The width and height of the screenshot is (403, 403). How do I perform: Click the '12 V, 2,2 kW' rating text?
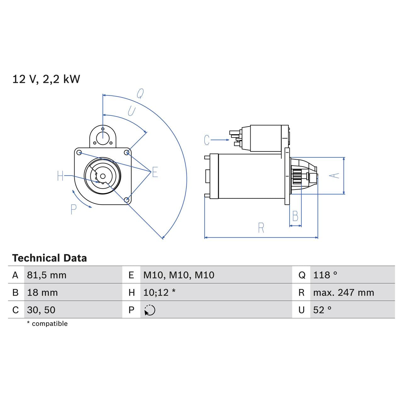tap(46, 79)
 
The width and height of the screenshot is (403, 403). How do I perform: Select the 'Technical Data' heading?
tap(49, 258)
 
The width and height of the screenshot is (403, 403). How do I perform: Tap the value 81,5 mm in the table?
tap(47, 275)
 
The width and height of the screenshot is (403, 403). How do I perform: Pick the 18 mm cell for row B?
tap(42, 292)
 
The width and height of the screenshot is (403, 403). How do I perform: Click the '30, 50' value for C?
tap(41, 310)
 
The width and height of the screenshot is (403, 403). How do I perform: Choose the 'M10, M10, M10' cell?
tap(179, 275)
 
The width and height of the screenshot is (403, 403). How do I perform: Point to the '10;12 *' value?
tap(159, 292)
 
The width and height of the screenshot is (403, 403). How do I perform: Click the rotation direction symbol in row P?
tap(150, 310)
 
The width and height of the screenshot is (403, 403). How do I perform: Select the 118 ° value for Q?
tap(325, 275)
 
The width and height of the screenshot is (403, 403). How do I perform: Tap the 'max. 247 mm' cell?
tap(343, 292)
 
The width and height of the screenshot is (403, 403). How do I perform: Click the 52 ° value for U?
tap(322, 310)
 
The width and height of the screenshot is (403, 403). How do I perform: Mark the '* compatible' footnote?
tap(47, 324)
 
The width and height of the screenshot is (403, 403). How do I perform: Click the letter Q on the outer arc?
tap(140, 94)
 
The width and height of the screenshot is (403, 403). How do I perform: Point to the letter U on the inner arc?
tap(131, 111)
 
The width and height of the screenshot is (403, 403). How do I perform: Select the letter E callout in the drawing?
tap(155, 172)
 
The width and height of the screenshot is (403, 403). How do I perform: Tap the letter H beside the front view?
tap(60, 176)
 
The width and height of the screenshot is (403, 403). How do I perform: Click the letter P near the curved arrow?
tap(73, 209)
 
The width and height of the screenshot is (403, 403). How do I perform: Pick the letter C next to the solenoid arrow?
tap(207, 140)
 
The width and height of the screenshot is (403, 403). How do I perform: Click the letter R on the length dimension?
tap(261, 228)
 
